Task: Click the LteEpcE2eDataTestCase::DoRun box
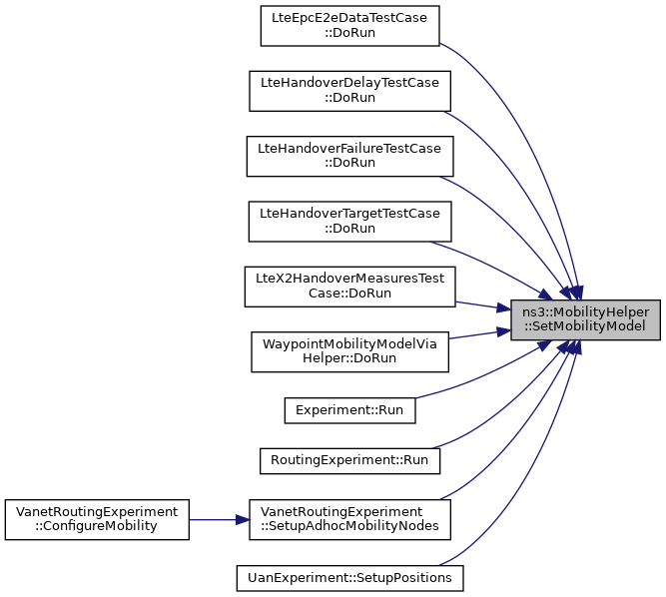point(349,26)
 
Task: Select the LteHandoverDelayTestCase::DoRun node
point(349,91)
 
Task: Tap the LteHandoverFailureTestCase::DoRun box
point(349,156)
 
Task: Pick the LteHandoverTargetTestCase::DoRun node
point(349,222)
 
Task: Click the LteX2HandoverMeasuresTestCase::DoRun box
point(349,287)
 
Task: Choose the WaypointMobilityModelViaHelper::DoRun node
point(349,351)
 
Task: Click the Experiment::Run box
point(349,410)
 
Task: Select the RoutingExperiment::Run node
point(349,460)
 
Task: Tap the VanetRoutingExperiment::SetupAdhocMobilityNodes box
point(349,519)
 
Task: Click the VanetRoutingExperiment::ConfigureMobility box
point(97,519)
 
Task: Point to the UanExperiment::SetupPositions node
point(349,578)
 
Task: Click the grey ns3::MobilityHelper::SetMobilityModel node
point(585,319)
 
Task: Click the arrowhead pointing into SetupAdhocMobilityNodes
point(243,520)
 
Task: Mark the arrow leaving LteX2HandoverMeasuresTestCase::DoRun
point(483,306)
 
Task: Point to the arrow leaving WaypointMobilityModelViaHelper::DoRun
point(479,334)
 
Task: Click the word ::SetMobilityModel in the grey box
point(585,326)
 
